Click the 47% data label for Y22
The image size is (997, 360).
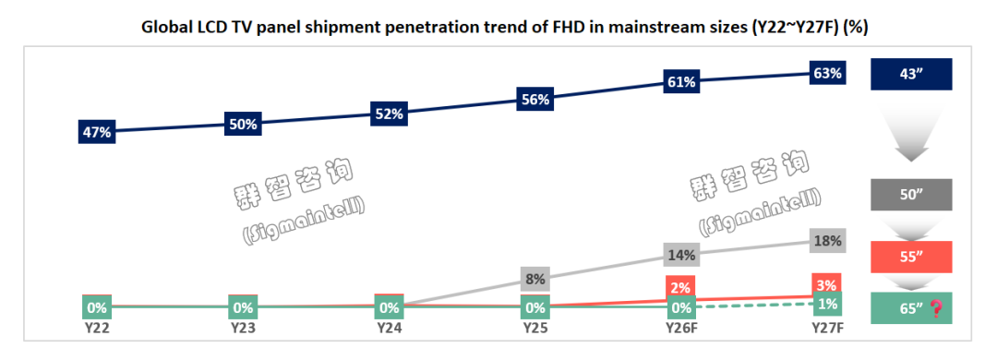pyautogui.click(x=97, y=132)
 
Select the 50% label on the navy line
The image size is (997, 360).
pyautogui.click(x=243, y=124)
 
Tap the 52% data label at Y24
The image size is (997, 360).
pyautogui.click(x=390, y=114)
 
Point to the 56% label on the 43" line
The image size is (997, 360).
pyautogui.click(x=535, y=99)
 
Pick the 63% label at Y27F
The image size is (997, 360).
pyautogui.click(x=828, y=74)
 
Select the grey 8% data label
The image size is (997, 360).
pyautogui.click(x=535, y=279)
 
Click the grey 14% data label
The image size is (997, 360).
pyautogui.click(x=681, y=255)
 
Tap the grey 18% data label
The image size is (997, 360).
pyautogui.click(x=828, y=240)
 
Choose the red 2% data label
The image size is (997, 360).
pyautogui.click(x=681, y=286)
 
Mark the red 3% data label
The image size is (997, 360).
pyautogui.click(x=828, y=283)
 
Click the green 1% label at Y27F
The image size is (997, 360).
pyautogui.click(x=828, y=304)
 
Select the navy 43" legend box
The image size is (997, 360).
pyautogui.click(x=911, y=74)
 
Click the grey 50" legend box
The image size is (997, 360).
pyautogui.click(x=911, y=195)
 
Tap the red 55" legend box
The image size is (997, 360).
pyautogui.click(x=911, y=257)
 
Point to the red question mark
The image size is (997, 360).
pyautogui.click(x=935, y=308)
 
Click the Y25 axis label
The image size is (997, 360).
pyautogui.click(x=535, y=329)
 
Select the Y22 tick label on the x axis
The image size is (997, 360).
pyautogui.click(x=97, y=329)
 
